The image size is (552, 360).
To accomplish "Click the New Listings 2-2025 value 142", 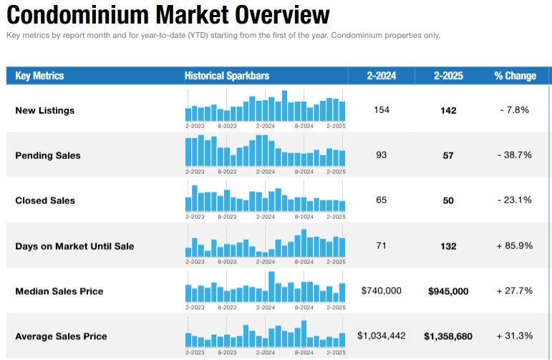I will (448, 110).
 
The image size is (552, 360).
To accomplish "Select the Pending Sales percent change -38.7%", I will (514, 155).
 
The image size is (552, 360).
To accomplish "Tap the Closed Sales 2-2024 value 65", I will (381, 200).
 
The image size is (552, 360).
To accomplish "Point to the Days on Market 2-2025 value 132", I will (448, 246).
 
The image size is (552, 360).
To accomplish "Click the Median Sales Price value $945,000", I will (448, 291).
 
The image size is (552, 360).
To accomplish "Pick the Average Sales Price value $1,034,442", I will (381, 336).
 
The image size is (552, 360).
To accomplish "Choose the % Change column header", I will (514, 76).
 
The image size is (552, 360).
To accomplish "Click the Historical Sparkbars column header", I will (226, 76).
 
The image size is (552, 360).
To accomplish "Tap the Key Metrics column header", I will (39, 76).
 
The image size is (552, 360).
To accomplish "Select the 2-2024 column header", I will (381, 76).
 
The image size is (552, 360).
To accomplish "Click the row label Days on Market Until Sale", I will (74, 246).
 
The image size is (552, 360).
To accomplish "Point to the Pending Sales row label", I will (48, 155).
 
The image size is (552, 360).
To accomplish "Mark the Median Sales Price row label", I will (59, 291).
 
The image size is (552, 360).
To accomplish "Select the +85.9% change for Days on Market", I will (514, 246).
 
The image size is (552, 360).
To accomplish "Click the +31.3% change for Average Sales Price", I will (514, 336).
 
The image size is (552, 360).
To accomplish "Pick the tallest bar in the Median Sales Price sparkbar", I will (271, 287).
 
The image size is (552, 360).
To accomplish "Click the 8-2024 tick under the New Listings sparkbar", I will (304, 125).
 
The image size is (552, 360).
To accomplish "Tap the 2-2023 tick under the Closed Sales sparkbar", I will (195, 215).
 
